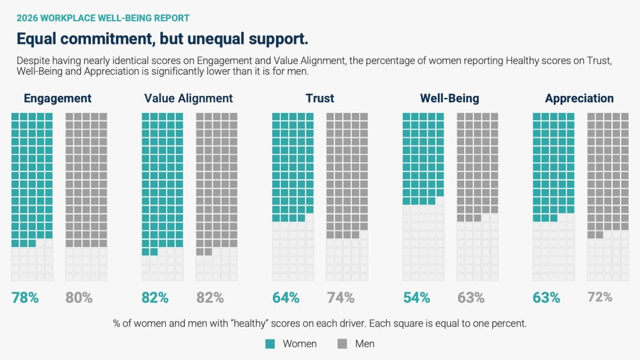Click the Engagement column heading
58,98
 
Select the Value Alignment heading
188,98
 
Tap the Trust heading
320,98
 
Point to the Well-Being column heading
449,98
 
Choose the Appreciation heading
579,98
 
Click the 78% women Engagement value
25,297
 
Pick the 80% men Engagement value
79,297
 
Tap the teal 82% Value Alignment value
155,297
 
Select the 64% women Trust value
286,297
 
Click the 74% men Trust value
341,297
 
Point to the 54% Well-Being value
416,297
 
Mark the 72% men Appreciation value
600,297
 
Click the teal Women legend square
270,344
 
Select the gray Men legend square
342,344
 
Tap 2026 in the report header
27,18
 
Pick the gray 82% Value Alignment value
210,297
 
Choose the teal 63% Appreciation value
546,297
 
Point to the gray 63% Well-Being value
471,297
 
